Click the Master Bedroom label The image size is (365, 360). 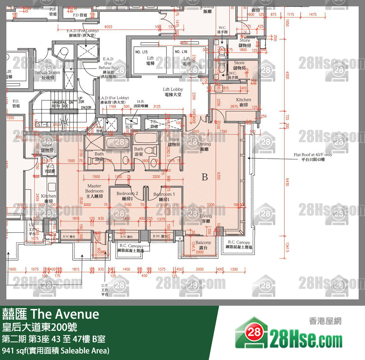[94, 191]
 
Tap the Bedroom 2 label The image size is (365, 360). [127, 196]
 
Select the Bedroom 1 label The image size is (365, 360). [164, 197]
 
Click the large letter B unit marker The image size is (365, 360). [205, 177]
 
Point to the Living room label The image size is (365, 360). [206, 218]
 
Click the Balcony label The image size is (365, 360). [203, 245]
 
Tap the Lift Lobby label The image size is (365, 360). [173, 92]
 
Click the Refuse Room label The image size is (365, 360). [47, 75]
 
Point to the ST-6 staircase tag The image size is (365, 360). [43, 124]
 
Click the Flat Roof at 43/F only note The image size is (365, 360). [313, 157]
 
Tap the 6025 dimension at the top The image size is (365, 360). [108, 27]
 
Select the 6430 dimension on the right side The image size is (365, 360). [287, 182]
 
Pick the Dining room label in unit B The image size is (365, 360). [204, 146]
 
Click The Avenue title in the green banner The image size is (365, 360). [65, 314]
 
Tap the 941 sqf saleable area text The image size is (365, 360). [56, 350]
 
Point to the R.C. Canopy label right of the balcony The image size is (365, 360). [239, 244]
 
